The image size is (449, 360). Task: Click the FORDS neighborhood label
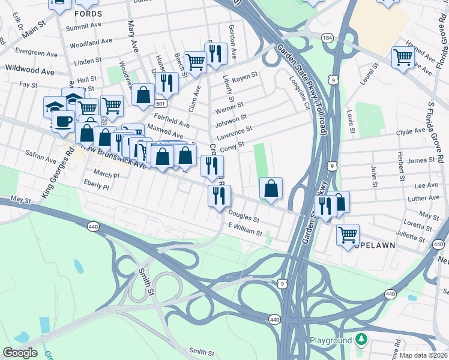point(88,13)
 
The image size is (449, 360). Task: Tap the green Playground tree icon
point(360,340)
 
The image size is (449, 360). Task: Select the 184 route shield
point(327,38)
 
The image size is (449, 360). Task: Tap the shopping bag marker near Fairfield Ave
point(143,95)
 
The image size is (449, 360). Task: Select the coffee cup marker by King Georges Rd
point(62,121)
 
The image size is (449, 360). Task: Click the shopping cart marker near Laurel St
point(403,58)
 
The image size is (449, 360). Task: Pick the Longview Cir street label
point(298,90)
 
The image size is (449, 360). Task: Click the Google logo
point(20,353)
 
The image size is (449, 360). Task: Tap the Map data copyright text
point(424,355)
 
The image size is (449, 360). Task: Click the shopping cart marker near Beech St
point(195,61)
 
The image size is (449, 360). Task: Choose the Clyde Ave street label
point(411,131)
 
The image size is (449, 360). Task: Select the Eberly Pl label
point(97,187)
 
